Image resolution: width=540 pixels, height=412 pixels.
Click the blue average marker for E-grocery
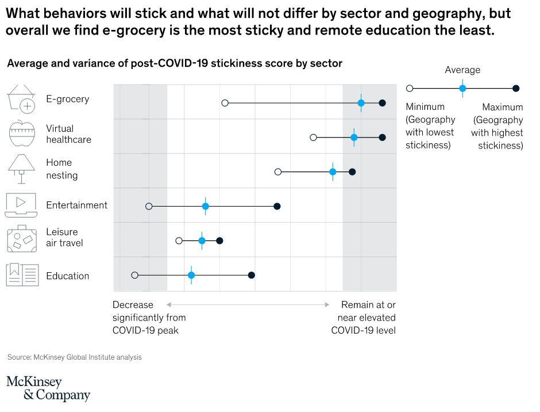point(361,103)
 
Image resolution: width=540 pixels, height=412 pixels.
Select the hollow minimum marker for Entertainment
point(149,206)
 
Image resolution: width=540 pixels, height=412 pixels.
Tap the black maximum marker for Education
point(251,275)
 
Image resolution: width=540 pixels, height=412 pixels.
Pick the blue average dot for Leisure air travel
point(202,241)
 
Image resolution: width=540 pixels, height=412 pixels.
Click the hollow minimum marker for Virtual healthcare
point(313,138)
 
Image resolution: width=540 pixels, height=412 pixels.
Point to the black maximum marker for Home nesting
point(352,172)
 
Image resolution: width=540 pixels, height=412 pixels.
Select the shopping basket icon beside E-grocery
point(22,98)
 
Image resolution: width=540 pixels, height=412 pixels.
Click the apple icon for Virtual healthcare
point(22,133)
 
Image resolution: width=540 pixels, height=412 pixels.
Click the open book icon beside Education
point(22,274)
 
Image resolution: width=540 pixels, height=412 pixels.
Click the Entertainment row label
point(76,205)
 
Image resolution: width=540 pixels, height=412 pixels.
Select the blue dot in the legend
point(462,88)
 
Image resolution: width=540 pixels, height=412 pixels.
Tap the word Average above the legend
point(462,70)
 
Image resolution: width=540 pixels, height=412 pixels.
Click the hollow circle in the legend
point(410,88)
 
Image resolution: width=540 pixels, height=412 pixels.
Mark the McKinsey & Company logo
point(48,388)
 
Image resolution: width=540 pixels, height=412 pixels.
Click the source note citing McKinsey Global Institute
point(74,357)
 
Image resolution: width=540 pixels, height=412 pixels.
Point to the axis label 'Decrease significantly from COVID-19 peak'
point(149,317)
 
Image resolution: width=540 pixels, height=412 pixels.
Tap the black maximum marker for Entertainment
point(277,206)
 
